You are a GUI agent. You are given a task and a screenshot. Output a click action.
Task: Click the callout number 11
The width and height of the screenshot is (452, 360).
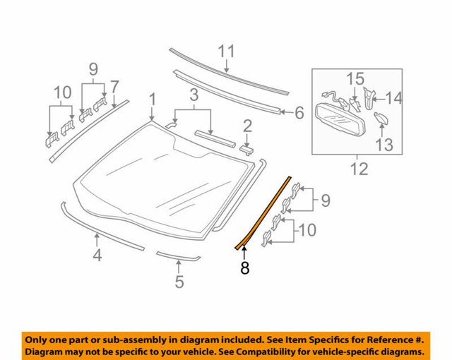(x=225, y=51)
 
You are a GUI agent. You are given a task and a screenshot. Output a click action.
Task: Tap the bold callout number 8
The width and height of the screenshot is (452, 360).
(x=245, y=268)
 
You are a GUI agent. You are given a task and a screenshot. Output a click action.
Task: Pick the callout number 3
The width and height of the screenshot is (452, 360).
(x=191, y=95)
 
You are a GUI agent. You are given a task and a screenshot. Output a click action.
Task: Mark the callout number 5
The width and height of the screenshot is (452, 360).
(x=179, y=282)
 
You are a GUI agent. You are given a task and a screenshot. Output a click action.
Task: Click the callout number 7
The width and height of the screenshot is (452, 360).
(x=114, y=85)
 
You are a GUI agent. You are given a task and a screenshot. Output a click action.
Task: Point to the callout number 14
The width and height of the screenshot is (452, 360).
(x=393, y=98)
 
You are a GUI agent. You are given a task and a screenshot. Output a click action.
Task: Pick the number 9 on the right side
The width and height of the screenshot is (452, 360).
(x=325, y=201)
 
